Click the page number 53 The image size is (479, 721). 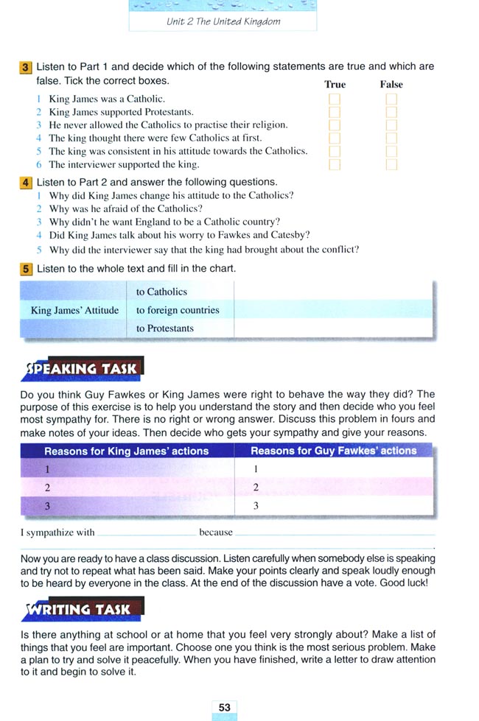coord(224,707)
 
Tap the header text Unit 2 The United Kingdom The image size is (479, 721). coord(223,21)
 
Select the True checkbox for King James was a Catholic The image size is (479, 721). coord(335,99)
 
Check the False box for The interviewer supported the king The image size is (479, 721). coord(391,165)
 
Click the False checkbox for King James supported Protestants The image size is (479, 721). coord(391,112)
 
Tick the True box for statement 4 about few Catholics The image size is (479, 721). coord(335,138)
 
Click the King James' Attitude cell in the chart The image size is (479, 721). coord(74,310)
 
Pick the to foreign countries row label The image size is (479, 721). coord(178,310)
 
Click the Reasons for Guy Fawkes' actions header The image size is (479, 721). coord(333,451)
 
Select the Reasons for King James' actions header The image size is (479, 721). coord(127,451)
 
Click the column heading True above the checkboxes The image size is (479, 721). coord(335,85)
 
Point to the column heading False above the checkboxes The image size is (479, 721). coord(391,85)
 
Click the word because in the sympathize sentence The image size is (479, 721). coord(215,532)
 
